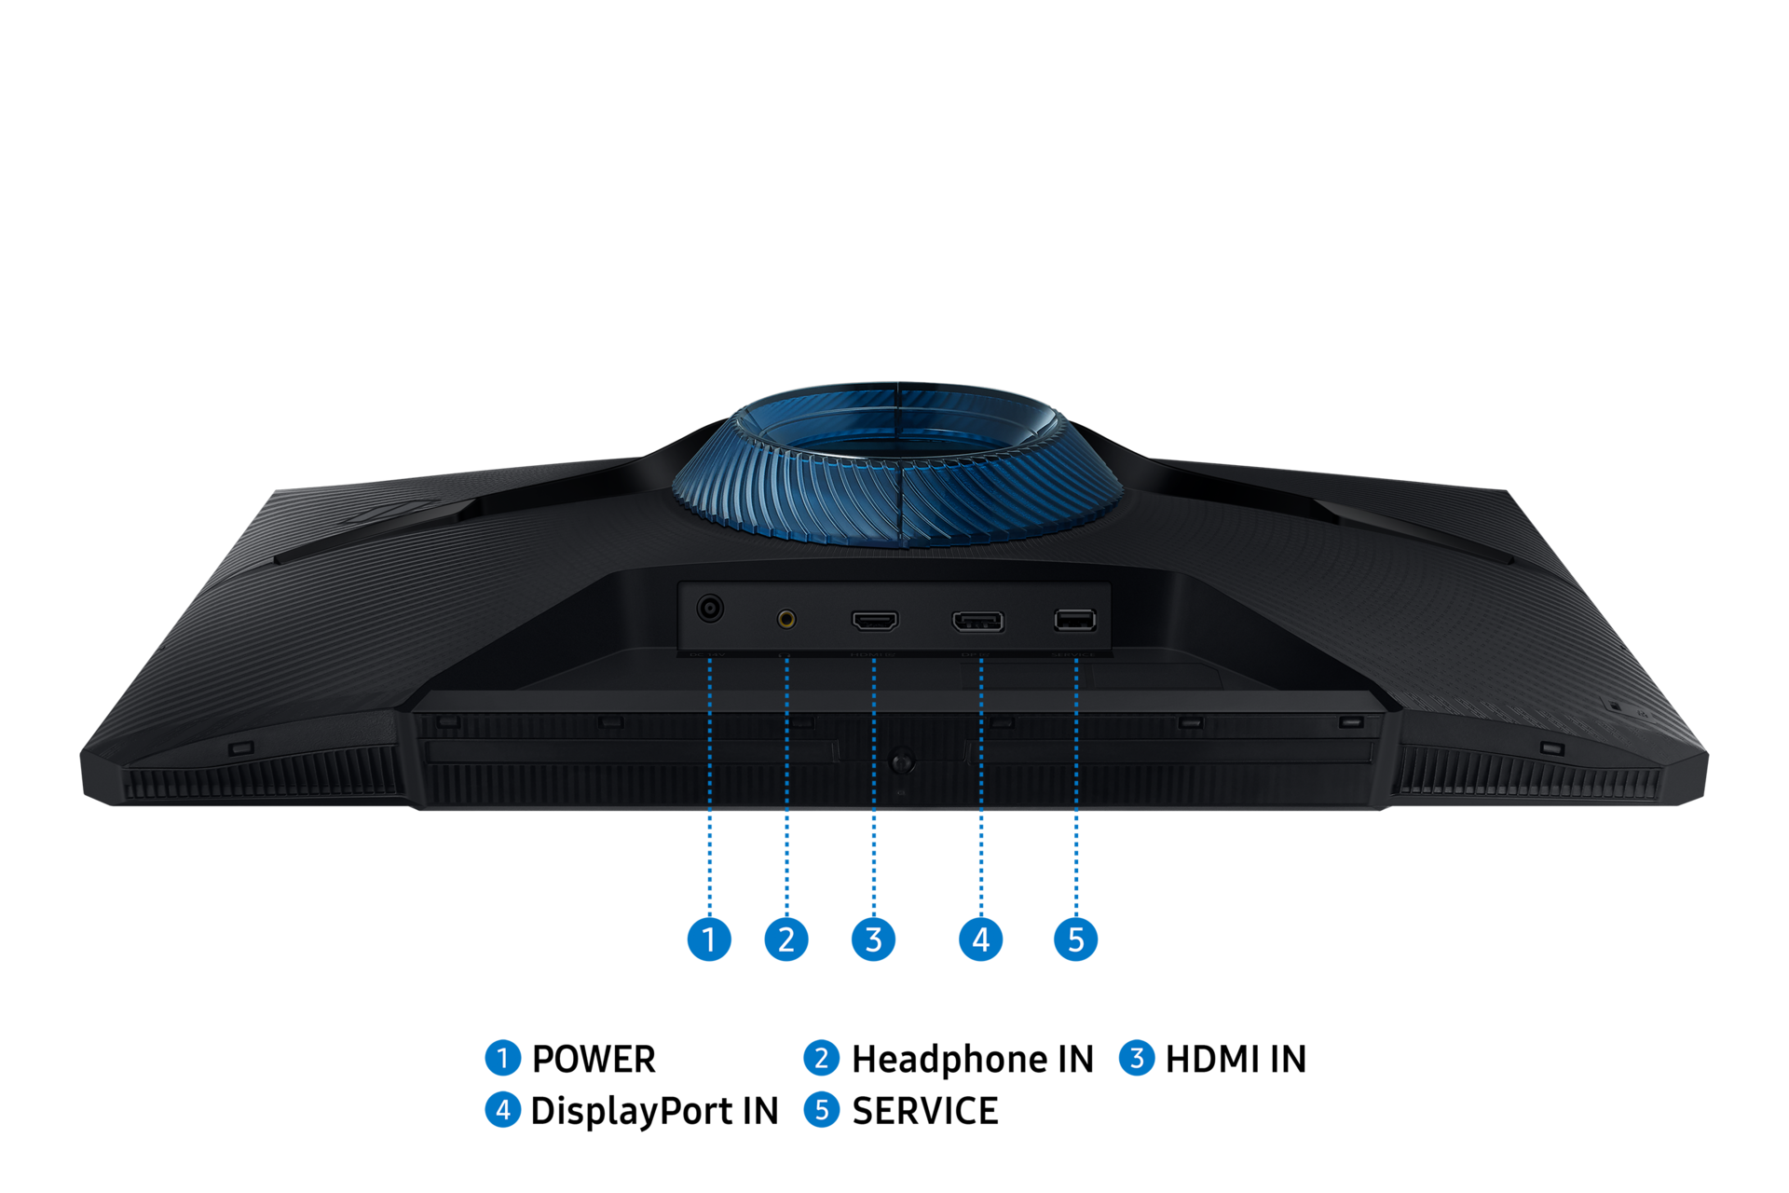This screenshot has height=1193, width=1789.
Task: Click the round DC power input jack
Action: pyautogui.click(x=710, y=609)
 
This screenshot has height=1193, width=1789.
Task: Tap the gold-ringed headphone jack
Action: pyautogui.click(x=786, y=618)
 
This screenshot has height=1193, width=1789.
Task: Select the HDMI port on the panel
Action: pyautogui.click(x=875, y=620)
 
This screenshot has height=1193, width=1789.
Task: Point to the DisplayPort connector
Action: pyautogui.click(x=977, y=621)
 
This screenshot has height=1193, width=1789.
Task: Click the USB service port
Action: pyautogui.click(x=1074, y=620)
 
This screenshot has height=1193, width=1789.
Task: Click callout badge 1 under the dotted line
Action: pyautogui.click(x=709, y=939)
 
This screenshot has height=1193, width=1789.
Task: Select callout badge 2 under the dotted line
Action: pyautogui.click(x=786, y=939)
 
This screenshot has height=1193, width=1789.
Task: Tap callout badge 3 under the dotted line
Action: pyautogui.click(x=873, y=939)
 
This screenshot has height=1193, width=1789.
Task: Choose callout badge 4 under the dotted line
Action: pyautogui.click(x=980, y=939)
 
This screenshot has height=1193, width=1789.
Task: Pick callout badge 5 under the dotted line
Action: pyautogui.click(x=1076, y=939)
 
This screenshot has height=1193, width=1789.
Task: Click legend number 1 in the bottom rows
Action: pyautogui.click(x=503, y=1058)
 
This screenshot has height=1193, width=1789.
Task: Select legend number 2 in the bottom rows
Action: pyautogui.click(x=821, y=1058)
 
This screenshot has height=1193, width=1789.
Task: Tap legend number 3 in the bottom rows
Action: pyautogui.click(x=1137, y=1058)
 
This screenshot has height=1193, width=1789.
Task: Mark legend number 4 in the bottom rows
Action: pyautogui.click(x=503, y=1109)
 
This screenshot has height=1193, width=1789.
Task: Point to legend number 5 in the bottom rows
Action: pyautogui.click(x=821, y=1109)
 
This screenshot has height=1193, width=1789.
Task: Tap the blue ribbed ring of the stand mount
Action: pyautogui.click(x=896, y=494)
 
